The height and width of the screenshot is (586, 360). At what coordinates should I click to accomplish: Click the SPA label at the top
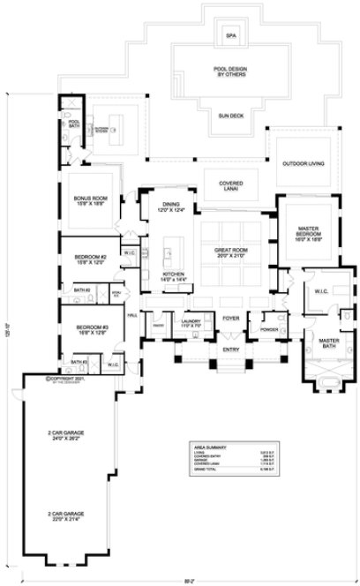[x=231, y=36]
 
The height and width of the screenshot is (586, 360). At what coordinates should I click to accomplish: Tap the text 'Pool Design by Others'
[x=231, y=73]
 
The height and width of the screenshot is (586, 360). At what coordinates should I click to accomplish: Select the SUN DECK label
[x=231, y=115]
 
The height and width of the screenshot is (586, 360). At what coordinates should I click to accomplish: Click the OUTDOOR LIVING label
[x=303, y=164]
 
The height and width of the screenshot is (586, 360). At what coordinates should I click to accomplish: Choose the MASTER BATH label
[x=328, y=344]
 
